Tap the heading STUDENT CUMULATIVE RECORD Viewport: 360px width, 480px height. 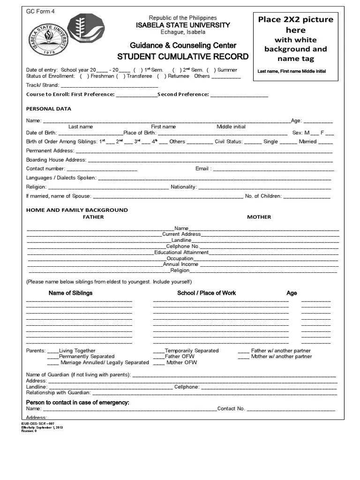click(182, 57)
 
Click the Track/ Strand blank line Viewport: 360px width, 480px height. click(109, 86)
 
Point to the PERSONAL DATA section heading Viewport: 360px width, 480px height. click(49, 109)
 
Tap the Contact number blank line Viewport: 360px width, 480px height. click(102, 169)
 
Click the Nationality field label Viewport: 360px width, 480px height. click(183, 187)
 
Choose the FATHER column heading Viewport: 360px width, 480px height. click(93, 217)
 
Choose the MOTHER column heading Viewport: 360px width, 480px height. click(259, 217)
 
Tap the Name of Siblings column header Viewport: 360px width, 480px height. click(70, 293)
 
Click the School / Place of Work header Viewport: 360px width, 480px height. click(206, 293)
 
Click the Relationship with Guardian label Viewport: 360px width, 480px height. click(58, 393)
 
